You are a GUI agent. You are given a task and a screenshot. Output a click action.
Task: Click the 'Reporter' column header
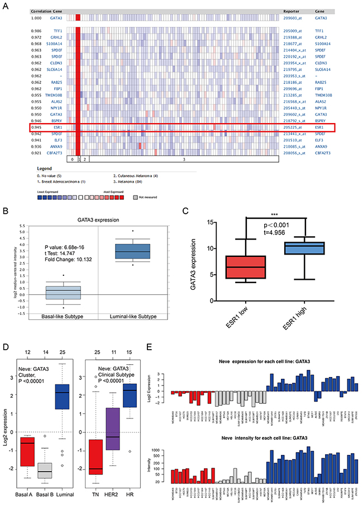[x=293, y=11]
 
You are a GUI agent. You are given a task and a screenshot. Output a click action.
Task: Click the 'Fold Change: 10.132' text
[x=76, y=261]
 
